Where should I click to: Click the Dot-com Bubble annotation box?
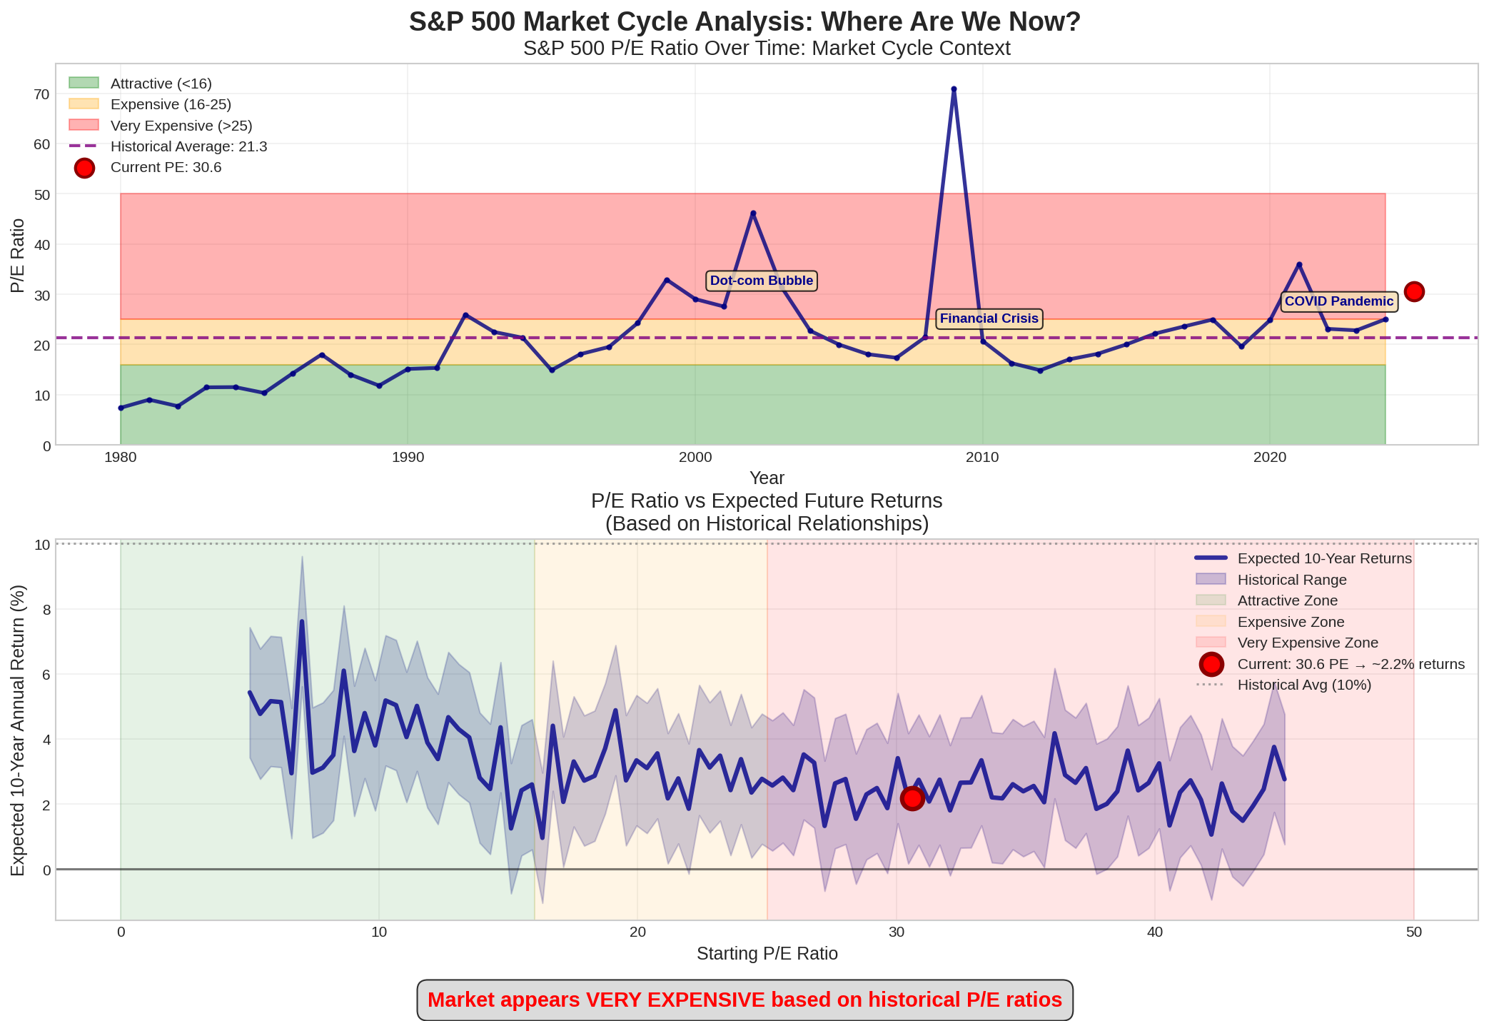pos(761,281)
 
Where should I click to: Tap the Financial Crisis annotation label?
pos(989,318)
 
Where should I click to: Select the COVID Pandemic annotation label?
pos(1338,301)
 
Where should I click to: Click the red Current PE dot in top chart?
pos(1414,291)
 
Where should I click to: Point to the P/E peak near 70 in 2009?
pos(954,90)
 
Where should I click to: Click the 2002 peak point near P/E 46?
pos(753,213)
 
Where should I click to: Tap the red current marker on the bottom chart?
pos(912,798)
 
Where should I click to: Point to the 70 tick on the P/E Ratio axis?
pos(41,94)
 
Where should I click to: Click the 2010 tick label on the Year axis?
pos(982,458)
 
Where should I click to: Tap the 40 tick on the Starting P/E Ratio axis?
pos(1154,932)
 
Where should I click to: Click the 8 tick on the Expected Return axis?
pos(46,610)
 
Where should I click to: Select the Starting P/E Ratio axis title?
pos(767,953)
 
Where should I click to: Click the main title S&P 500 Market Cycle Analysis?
pos(744,22)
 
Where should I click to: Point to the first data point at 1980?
pos(121,408)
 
